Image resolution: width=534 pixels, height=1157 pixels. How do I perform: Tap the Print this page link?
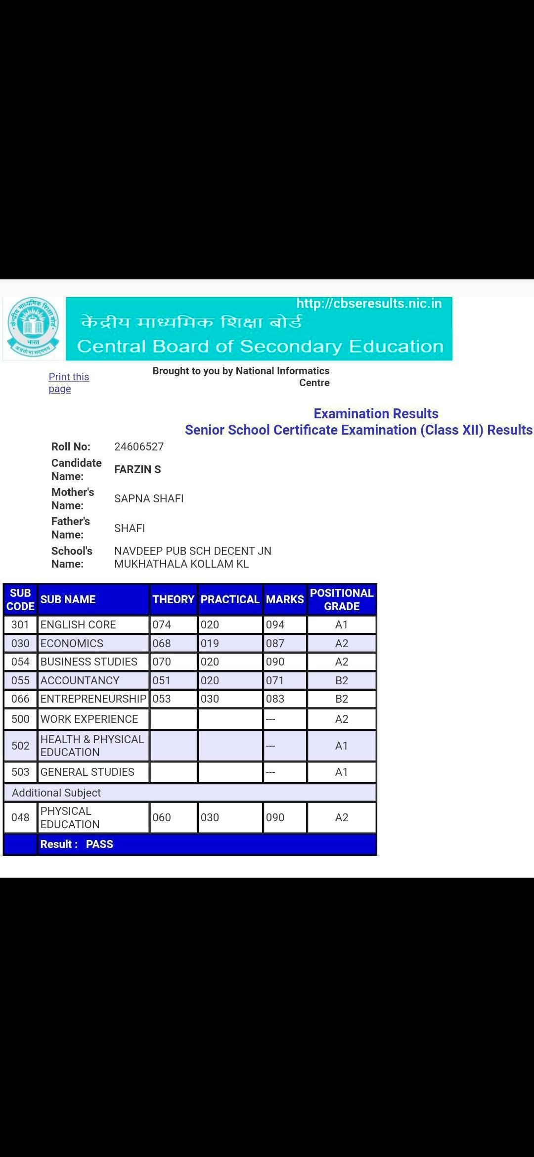[x=69, y=383]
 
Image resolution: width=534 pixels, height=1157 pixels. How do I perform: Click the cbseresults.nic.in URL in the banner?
[x=369, y=304]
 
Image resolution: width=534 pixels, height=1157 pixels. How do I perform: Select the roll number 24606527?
[x=139, y=446]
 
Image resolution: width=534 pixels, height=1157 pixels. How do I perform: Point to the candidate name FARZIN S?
[x=137, y=469]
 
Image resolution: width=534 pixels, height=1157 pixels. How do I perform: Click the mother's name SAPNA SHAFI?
[x=149, y=498]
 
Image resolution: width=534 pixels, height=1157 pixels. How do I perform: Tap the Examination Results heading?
[x=376, y=413]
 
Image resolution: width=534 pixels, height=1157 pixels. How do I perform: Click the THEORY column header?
[x=173, y=599]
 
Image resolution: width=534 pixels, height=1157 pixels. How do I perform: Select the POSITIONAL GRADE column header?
[x=341, y=599]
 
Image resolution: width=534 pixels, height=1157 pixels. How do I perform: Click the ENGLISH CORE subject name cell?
[x=78, y=624]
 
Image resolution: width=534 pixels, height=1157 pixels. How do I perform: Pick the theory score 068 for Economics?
[x=162, y=643]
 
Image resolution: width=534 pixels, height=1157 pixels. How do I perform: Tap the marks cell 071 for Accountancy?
[x=275, y=680]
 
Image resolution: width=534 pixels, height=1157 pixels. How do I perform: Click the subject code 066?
[x=20, y=699]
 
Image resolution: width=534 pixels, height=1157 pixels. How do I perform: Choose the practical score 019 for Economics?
[x=210, y=643]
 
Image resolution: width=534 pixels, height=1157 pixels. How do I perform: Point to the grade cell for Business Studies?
[x=341, y=662]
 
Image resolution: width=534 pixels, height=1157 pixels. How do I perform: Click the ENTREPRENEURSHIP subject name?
[x=93, y=699]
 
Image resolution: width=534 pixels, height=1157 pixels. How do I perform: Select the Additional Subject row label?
[x=56, y=793]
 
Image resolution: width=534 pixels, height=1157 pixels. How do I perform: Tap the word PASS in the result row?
[x=99, y=844]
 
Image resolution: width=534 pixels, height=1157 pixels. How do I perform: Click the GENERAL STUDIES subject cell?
[x=88, y=772]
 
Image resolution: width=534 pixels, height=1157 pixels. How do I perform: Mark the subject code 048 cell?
[x=20, y=817]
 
